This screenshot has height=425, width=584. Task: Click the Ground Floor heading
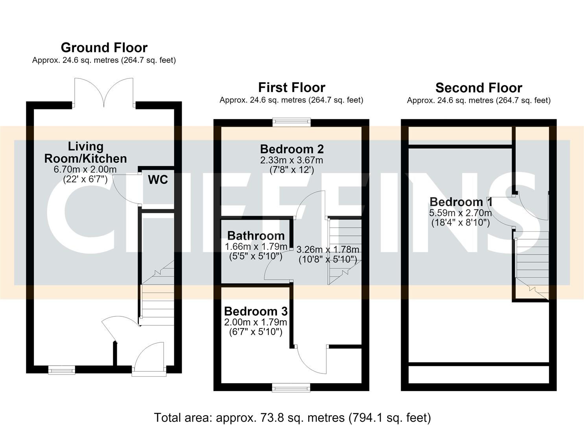[104, 48]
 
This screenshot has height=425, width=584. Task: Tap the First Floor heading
[292, 87]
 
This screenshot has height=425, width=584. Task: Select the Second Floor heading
[479, 88]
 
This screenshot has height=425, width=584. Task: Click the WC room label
[158, 180]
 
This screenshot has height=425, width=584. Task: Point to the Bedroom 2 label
[292, 149]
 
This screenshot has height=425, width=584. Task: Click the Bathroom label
[256, 236]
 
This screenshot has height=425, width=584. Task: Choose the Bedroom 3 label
[256, 311]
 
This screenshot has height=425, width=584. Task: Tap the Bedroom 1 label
[461, 201]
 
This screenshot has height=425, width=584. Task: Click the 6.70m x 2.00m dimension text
[85, 169]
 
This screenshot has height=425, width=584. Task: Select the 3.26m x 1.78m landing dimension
[328, 249]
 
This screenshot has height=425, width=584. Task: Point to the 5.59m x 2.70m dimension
[461, 213]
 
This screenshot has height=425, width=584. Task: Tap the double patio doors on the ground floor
[104, 92]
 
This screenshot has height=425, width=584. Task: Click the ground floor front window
[62, 370]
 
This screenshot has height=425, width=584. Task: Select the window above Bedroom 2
[292, 122]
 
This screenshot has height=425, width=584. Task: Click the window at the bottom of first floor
[291, 388]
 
